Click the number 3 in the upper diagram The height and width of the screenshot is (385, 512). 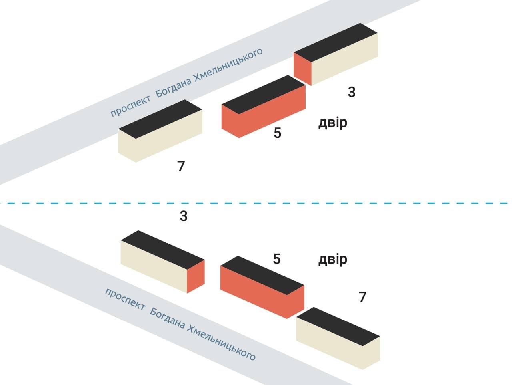tap(351, 92)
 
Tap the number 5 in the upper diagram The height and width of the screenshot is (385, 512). tap(277, 133)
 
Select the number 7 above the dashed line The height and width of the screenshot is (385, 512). tap(181, 166)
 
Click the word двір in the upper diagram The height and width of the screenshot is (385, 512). tap(332, 123)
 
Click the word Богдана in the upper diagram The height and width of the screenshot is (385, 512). tap(173, 86)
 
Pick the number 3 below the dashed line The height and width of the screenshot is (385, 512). tap(184, 216)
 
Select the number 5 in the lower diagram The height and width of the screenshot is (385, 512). tap(277, 259)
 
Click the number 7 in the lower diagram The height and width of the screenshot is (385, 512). tap(362, 297)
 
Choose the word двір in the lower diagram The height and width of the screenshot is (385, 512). tap(332, 260)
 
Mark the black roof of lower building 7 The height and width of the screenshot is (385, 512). tap(338, 326)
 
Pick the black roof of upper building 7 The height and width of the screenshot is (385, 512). tap(160, 119)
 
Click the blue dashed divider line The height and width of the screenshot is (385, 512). tap(256, 204)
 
